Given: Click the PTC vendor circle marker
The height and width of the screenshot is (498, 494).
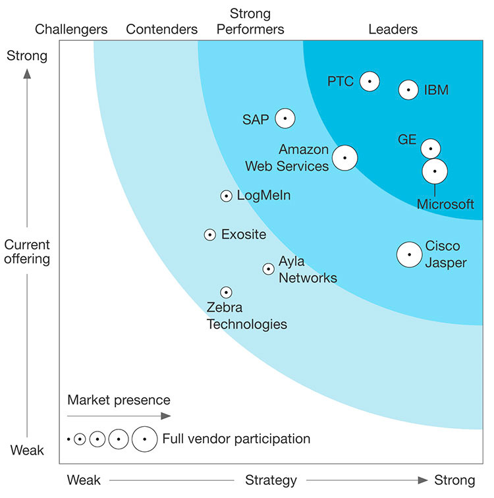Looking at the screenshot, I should pyautogui.click(x=370, y=81).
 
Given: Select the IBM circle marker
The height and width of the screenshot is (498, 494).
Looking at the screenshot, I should pyautogui.click(x=408, y=90).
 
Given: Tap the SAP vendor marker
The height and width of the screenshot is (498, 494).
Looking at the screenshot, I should pyautogui.click(x=285, y=119).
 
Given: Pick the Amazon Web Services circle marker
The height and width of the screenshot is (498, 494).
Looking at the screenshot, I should pyautogui.click(x=344, y=158).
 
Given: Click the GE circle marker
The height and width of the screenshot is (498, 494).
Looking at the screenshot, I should pyautogui.click(x=431, y=148).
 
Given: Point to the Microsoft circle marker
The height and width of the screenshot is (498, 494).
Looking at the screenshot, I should pyautogui.click(x=435, y=171).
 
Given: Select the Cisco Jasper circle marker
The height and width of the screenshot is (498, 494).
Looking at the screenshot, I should pyautogui.click(x=410, y=254).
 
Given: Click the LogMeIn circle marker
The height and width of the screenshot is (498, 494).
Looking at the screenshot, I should pyautogui.click(x=226, y=196).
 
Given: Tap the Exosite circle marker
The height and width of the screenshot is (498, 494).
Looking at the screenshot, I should pyautogui.click(x=210, y=235).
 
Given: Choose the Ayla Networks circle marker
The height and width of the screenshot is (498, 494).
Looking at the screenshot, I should pyautogui.click(x=268, y=269).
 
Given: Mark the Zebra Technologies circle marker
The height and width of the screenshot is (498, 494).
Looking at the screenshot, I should pyautogui.click(x=226, y=292).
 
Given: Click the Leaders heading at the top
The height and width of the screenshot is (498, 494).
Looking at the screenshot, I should pyautogui.click(x=393, y=29).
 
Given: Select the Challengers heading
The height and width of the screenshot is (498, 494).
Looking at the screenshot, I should pyautogui.click(x=71, y=29).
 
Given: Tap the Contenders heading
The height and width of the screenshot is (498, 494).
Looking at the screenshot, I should pyautogui.click(x=161, y=29).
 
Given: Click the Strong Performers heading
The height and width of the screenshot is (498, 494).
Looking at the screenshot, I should pyautogui.click(x=251, y=21).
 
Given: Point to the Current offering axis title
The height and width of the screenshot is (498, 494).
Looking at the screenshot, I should pyautogui.click(x=27, y=251).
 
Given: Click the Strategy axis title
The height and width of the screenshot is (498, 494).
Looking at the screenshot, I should pyautogui.click(x=271, y=480).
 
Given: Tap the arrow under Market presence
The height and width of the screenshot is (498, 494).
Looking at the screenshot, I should pyautogui.click(x=119, y=416).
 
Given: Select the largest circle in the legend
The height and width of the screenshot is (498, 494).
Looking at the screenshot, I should pyautogui.click(x=144, y=439).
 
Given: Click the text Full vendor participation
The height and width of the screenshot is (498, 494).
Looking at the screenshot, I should pyautogui.click(x=236, y=439).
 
